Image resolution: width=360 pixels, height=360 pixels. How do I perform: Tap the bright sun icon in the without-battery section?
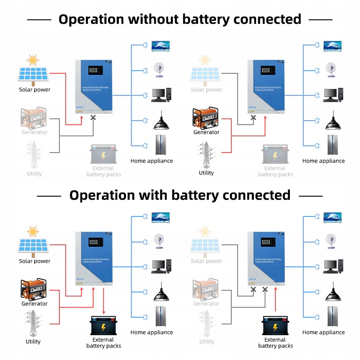coord(32,60)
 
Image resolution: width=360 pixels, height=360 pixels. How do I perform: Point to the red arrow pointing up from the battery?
coord(276,307)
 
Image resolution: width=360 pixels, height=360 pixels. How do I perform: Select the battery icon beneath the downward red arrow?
coord(103,325)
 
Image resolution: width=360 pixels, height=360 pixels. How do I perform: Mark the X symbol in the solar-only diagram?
coord(93,117)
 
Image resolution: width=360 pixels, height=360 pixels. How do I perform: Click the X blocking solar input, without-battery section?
coord(253,117)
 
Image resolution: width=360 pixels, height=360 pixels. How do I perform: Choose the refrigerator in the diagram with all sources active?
coord(161,315)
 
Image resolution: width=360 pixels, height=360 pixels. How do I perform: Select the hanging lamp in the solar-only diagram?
coord(161,121)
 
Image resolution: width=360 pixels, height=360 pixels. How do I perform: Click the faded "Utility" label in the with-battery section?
coord(207,342)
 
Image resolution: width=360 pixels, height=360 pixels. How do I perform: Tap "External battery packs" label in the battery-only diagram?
coord(275,343)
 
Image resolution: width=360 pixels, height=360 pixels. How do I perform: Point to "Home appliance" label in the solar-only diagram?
coord(152,161)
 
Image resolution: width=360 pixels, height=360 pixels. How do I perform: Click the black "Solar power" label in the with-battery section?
coord(35,261)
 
